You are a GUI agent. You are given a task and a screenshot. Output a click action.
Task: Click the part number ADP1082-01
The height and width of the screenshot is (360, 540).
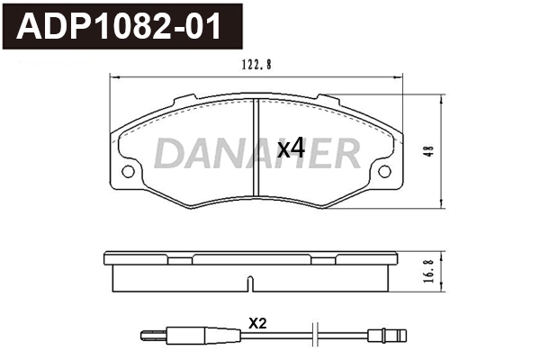122,27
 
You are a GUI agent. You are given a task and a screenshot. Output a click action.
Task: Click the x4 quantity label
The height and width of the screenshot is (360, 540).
291,149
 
